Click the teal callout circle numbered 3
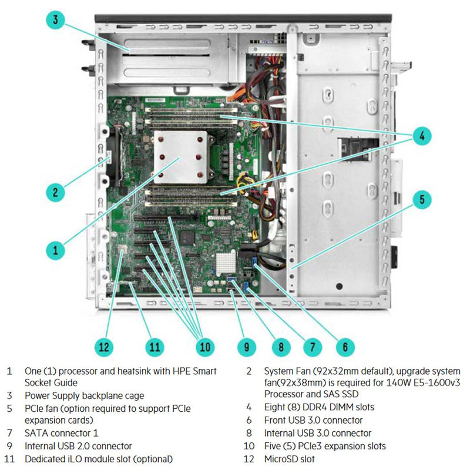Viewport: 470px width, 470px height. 55,19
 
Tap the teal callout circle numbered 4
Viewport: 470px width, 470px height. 421,137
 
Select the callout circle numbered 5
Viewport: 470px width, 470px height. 421,199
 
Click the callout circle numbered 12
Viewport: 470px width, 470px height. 104,347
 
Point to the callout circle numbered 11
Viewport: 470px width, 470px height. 154,347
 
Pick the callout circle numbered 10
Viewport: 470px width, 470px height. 204,347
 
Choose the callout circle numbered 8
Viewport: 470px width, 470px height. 281,347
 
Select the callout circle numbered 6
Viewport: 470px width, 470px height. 346,347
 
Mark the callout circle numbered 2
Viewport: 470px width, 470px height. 55,192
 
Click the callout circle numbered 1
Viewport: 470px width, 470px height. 55,250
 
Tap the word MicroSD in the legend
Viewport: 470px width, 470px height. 281,459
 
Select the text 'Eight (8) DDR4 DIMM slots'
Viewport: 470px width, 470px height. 318,407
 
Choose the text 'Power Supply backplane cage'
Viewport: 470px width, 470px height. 84,395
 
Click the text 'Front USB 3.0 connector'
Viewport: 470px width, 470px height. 313,420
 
